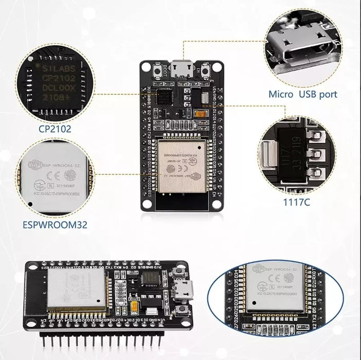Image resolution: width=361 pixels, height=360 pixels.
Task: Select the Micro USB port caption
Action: click(x=303, y=94)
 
